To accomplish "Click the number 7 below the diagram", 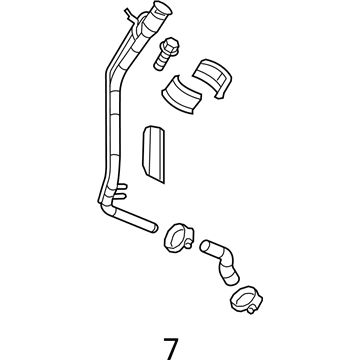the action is pos(172,323).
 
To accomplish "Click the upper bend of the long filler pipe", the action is pos(112,60).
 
